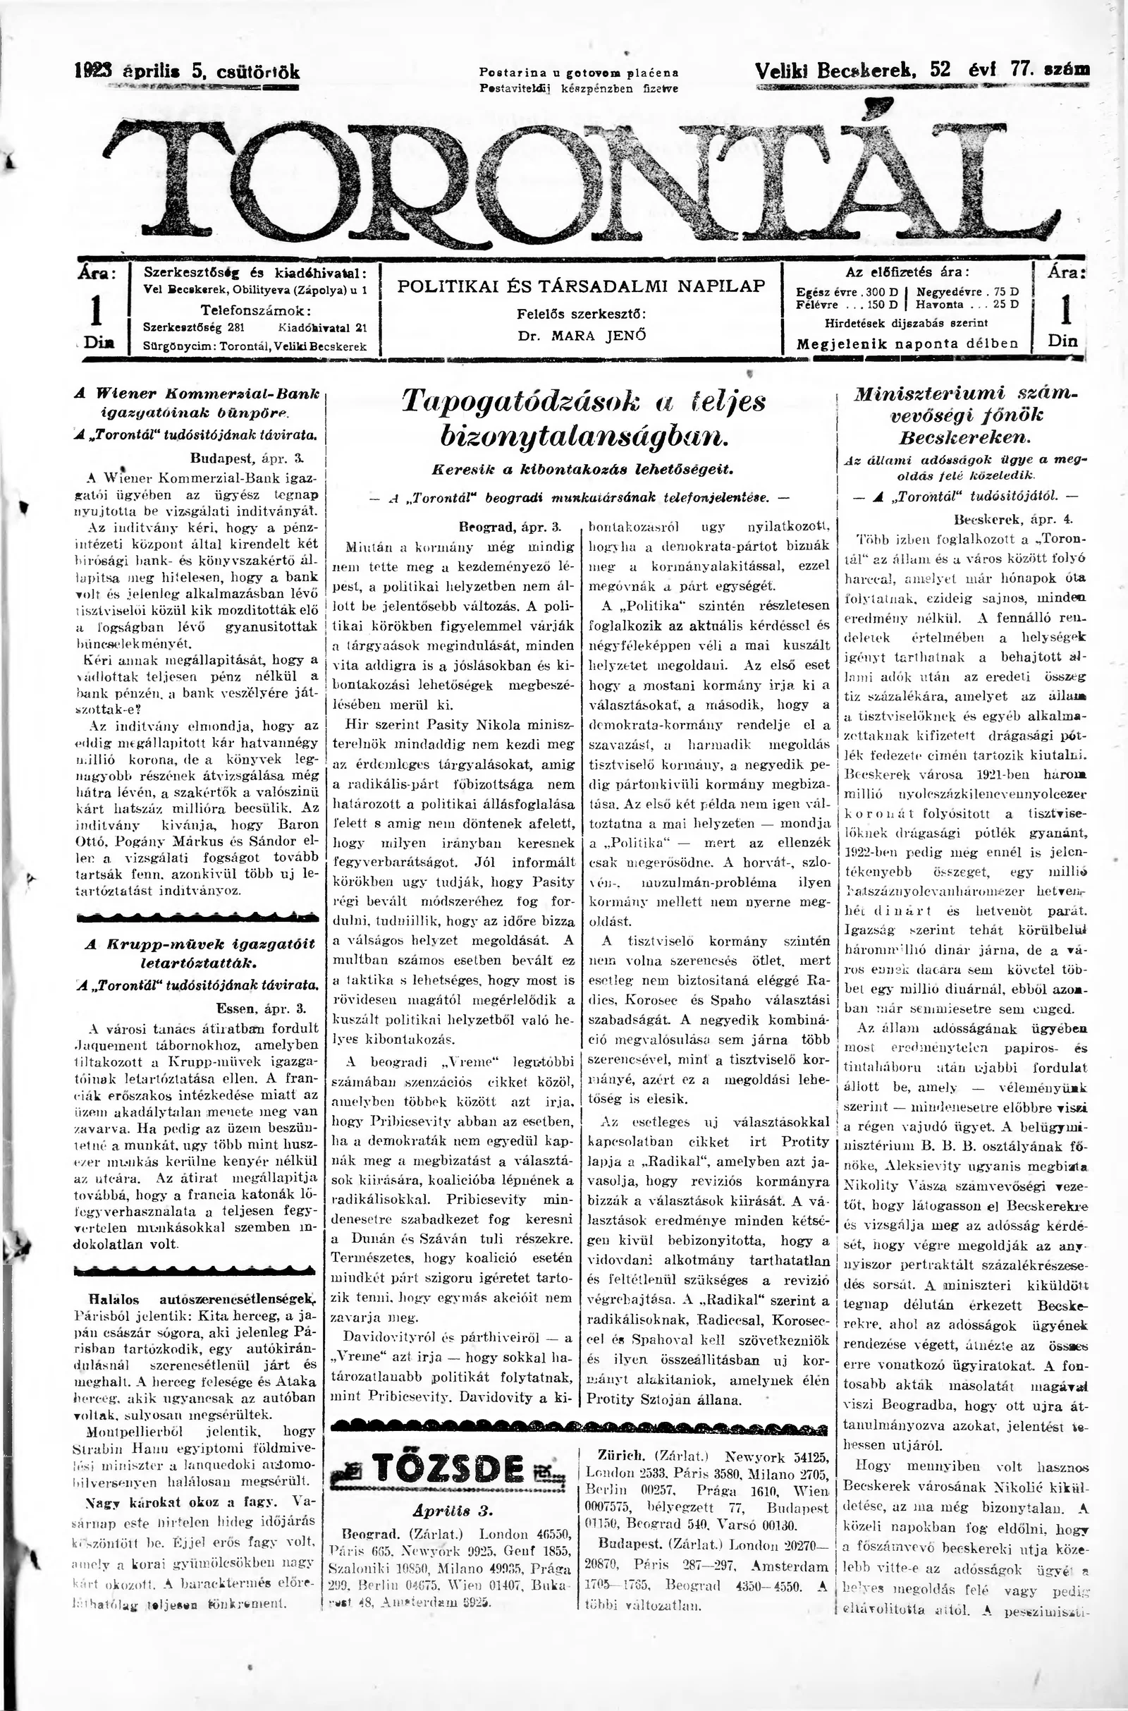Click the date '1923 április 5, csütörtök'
pos(187,71)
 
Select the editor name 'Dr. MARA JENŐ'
pos(581,335)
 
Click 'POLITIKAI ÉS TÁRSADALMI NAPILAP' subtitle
pos(581,286)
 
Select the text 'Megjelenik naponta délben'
pos(907,343)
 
